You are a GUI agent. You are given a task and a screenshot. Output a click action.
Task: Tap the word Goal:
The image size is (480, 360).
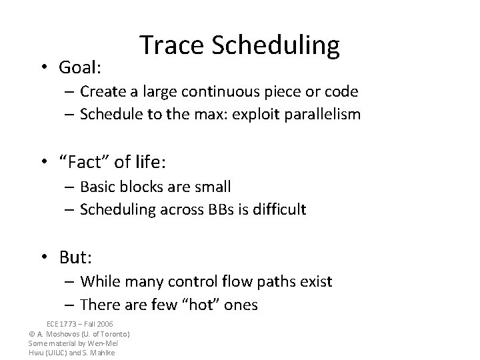coord(80,67)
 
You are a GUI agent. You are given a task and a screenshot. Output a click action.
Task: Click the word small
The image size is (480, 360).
coord(213,187)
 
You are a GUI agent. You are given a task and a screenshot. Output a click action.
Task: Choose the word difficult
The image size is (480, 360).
coord(277,209)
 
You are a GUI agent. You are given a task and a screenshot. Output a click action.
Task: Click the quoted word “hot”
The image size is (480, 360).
coord(204,305)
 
